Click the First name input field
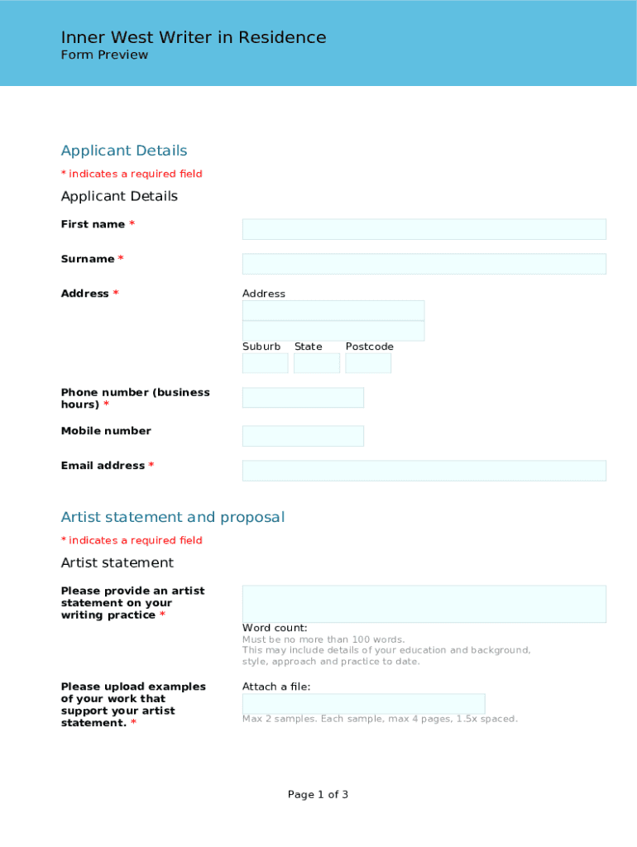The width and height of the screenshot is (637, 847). [424, 229]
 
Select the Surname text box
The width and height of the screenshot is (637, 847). [424, 264]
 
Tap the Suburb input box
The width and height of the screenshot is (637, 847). [265, 363]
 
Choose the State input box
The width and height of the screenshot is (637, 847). [317, 363]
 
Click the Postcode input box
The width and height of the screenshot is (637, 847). [368, 363]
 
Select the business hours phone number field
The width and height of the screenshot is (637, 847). [303, 398]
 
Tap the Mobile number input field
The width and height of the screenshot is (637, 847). [303, 436]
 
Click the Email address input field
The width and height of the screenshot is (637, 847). [424, 471]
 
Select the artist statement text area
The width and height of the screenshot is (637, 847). [424, 604]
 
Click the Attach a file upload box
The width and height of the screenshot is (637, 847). [363, 704]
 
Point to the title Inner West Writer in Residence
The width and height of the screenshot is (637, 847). [194, 37]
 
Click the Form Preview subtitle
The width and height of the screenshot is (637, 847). [104, 55]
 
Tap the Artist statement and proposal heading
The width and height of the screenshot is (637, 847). [173, 517]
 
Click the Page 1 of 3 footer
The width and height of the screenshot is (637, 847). [318, 795]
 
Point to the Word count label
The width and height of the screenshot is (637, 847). [275, 628]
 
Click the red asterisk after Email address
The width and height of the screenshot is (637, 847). [151, 466]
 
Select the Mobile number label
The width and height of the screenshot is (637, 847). [106, 431]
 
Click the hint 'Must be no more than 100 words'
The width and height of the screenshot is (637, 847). [323, 639]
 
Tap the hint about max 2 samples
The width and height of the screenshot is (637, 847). [380, 719]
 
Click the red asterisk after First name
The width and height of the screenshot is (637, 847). [132, 224]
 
